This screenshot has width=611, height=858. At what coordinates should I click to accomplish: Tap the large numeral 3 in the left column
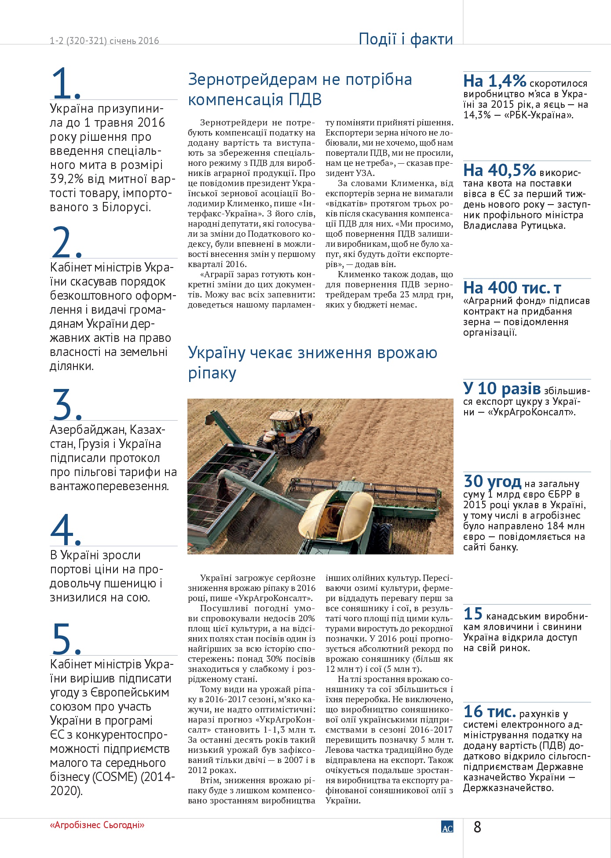(62, 404)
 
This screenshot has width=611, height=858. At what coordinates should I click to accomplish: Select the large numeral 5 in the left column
(62, 638)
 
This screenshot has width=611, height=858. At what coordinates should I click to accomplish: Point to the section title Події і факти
(406, 39)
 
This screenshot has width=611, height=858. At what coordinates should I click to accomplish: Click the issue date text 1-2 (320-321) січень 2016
(104, 41)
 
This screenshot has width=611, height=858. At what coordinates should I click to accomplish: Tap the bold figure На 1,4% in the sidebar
(494, 81)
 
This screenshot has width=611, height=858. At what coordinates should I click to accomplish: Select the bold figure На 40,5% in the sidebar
(499, 171)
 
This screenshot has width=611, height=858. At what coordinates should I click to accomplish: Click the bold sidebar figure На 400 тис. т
(512, 288)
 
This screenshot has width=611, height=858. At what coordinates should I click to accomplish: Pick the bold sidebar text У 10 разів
(502, 389)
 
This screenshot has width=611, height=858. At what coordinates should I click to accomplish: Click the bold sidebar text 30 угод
(492, 481)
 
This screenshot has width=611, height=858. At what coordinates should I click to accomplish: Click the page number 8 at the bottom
(477, 827)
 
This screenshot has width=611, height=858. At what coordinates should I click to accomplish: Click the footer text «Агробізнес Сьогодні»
(97, 825)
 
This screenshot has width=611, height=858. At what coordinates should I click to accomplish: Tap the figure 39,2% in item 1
(66, 179)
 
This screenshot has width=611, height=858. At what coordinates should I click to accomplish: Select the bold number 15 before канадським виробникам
(473, 614)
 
